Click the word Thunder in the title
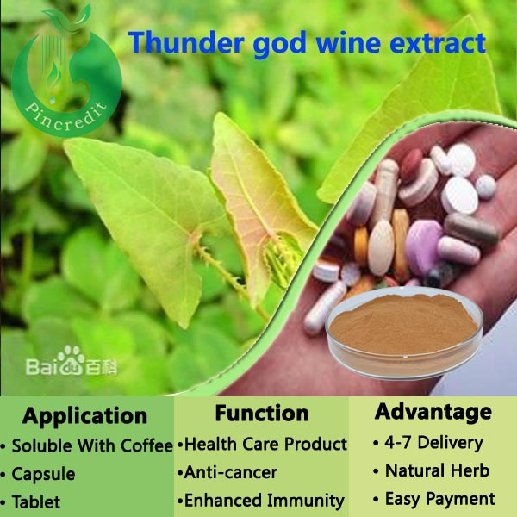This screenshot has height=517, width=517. tap(186, 42)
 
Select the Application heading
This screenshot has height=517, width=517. tap(84, 417)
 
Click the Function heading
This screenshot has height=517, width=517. tap(262, 413)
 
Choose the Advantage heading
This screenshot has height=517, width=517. tap(433, 413)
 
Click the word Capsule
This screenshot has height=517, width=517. tap(44, 475)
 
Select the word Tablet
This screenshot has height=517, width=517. tap(36, 501)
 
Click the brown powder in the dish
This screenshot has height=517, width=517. tap(403, 324)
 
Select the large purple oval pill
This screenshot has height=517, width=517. tap(423, 247)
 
